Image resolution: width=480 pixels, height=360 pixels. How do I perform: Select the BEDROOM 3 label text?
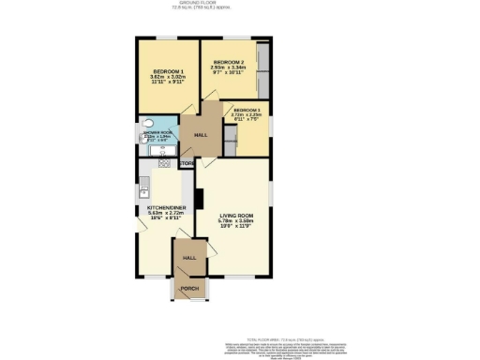247,109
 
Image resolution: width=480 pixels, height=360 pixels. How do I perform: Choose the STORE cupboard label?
187,164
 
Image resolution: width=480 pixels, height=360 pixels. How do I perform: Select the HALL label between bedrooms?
201,135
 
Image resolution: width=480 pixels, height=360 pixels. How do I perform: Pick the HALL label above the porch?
188,257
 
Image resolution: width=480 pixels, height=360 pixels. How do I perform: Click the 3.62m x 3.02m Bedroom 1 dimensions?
169,78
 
